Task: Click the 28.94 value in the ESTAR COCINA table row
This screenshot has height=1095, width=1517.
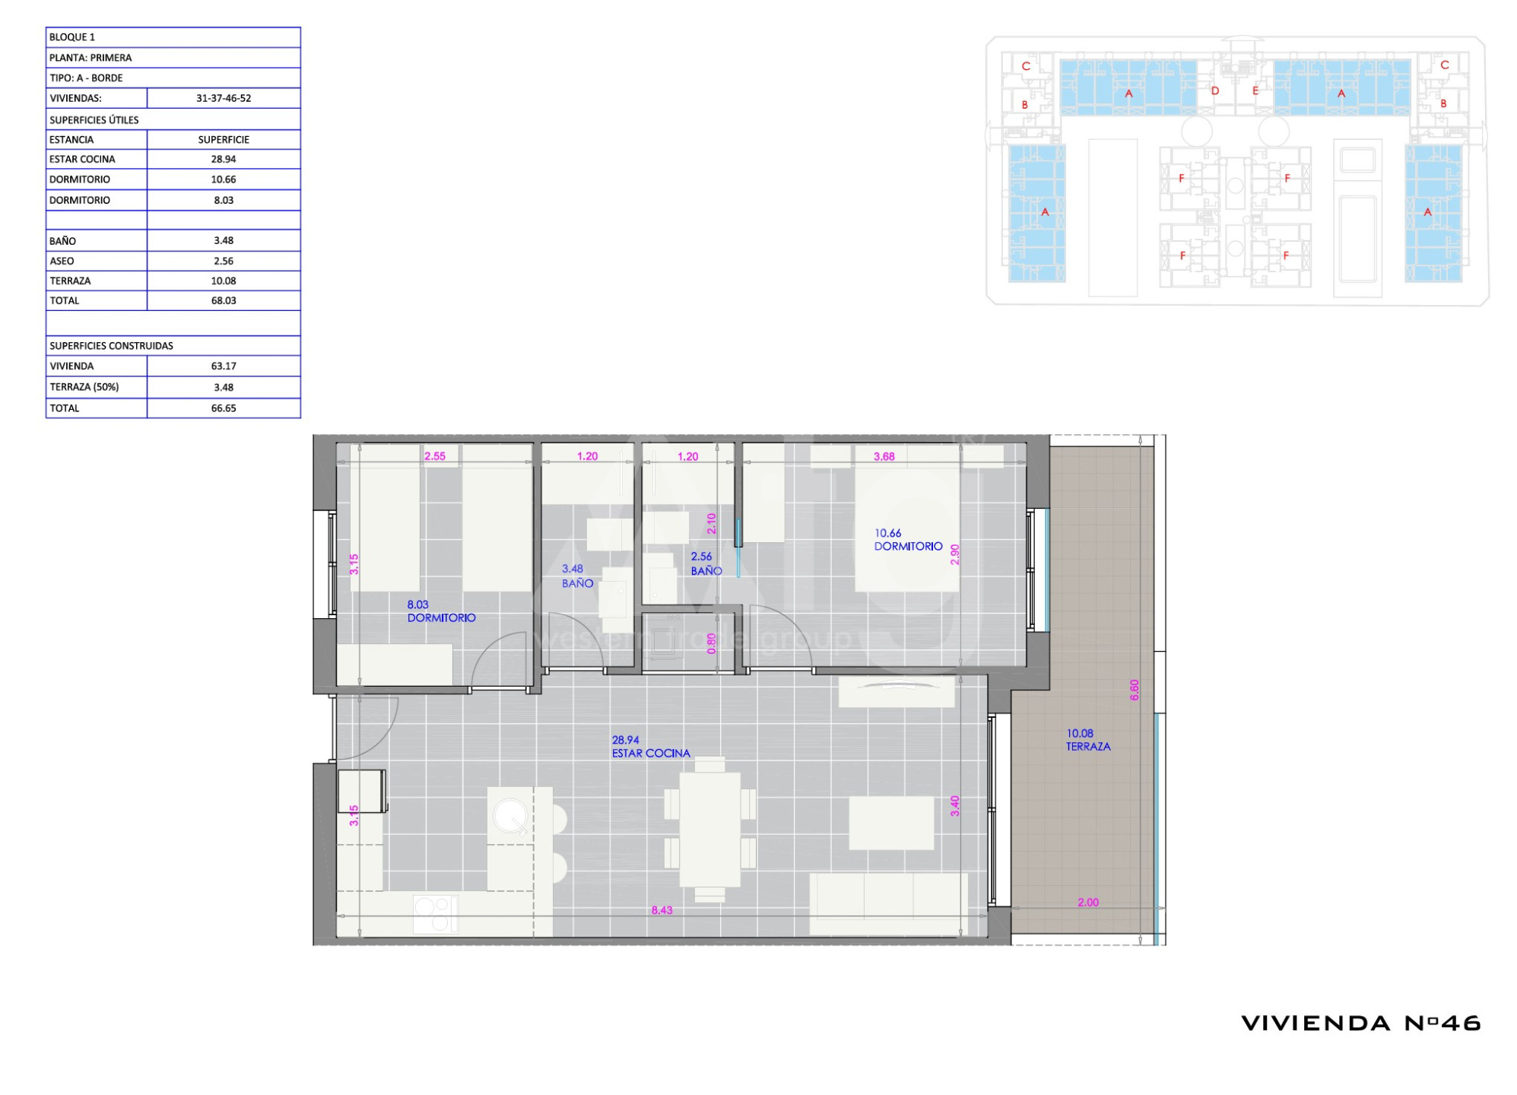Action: pos(224,159)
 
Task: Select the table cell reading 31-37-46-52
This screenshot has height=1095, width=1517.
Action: pos(224,98)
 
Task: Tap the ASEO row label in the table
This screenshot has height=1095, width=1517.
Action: pos(62,261)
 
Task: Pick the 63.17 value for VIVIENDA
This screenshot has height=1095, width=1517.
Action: pos(224,366)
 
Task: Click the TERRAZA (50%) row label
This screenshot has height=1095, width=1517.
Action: pos(84,387)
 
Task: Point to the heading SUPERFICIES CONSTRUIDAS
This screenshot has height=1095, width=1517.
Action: pos(111,346)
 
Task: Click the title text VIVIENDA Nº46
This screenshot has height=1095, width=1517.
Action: pos(1361,1023)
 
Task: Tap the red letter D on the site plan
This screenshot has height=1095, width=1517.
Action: pos(1215,91)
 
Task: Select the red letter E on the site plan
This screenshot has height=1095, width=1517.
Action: pos(1255,91)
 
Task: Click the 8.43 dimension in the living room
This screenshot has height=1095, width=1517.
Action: pos(662,910)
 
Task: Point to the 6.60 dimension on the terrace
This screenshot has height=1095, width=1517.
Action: pos(1135,690)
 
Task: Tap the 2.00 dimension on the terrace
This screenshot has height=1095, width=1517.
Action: pos(1088,903)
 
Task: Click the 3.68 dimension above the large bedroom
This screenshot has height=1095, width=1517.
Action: pos(884,457)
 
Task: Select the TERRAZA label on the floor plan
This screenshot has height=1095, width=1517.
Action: pos(1088,747)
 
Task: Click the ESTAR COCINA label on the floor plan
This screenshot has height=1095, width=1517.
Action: pos(651,754)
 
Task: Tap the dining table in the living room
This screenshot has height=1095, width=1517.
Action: pos(710,830)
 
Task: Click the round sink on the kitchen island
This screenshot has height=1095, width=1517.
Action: pos(511,817)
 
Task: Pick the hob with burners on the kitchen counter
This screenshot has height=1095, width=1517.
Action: pos(435,914)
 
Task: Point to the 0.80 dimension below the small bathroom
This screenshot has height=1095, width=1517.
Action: pos(712,644)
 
